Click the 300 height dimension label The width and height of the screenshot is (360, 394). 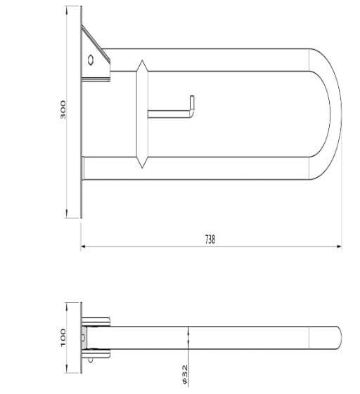(x=63, y=110)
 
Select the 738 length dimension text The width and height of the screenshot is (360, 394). (x=210, y=239)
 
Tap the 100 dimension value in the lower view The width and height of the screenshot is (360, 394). (x=63, y=336)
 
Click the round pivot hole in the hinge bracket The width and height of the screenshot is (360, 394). (x=91, y=60)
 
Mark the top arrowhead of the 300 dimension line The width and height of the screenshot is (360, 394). (x=67, y=9)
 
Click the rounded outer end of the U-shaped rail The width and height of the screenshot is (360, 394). (x=336, y=112)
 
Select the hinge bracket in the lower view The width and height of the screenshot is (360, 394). (x=96, y=337)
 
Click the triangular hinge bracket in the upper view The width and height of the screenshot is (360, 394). (x=95, y=56)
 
